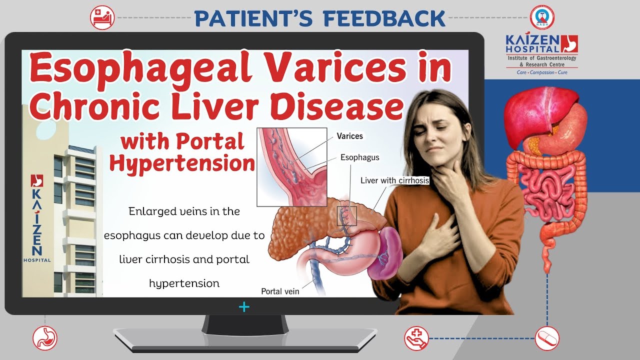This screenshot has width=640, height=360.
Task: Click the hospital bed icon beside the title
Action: [x=102, y=17]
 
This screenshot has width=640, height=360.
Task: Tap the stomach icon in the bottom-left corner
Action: [x=45, y=338]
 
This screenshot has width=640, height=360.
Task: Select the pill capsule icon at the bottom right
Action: [x=547, y=338]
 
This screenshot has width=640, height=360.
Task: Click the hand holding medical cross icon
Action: [x=416, y=338]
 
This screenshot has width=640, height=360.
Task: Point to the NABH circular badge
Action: [x=542, y=17]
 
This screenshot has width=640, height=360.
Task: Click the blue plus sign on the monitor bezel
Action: [x=244, y=307]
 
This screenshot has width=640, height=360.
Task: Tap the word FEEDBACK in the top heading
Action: [x=384, y=18]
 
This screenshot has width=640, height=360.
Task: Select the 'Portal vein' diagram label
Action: [x=280, y=291]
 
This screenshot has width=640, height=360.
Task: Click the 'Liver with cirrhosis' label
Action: [x=394, y=180]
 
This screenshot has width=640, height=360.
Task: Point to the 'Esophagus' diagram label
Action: [x=359, y=157]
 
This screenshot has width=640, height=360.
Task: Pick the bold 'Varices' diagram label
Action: [x=349, y=136]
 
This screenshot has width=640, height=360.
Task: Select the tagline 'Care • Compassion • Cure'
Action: [x=542, y=72]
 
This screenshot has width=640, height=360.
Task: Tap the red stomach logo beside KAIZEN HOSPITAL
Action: [x=569, y=43]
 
